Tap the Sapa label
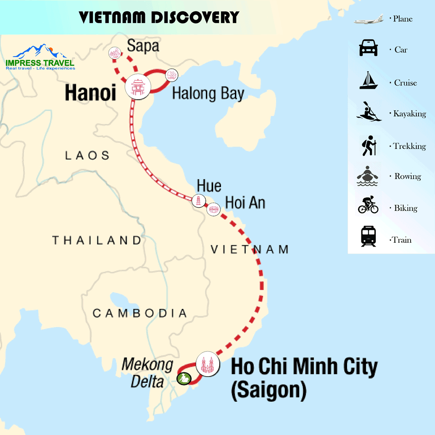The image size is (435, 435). [x=143, y=46]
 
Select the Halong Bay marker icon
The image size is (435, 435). [x=172, y=75]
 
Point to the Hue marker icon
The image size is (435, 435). [x=198, y=201]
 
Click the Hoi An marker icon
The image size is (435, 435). [x=213, y=209]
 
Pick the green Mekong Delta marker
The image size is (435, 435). [x=184, y=378]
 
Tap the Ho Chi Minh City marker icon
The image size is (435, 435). [x=207, y=365]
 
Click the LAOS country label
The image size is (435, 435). [x=87, y=155]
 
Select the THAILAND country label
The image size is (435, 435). [x=97, y=240]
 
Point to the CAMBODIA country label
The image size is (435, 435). [x=140, y=313]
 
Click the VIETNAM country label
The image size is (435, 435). [x=250, y=249]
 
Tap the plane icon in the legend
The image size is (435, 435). [x=368, y=20]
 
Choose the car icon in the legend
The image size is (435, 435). [x=368, y=48]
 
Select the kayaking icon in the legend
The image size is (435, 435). [x=369, y=112]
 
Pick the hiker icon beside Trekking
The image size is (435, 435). [x=368, y=145]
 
